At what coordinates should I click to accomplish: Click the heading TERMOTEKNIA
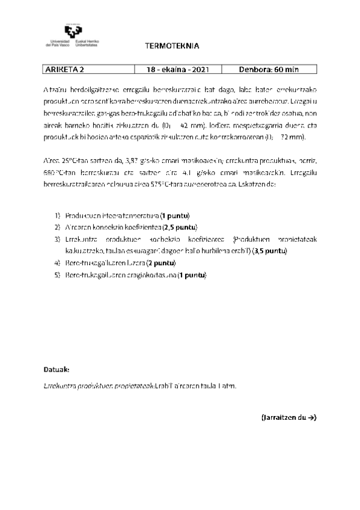[172, 46]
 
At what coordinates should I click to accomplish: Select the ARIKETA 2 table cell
[61, 69]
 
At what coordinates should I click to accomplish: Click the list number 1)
[58, 215]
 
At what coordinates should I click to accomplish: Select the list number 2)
[58, 227]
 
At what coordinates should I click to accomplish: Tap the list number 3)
[58, 239]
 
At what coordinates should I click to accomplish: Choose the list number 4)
[58, 263]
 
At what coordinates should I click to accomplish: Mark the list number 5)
[58, 275]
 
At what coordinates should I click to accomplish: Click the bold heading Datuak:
[56, 367]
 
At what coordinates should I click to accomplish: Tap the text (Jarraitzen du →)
[288, 417]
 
